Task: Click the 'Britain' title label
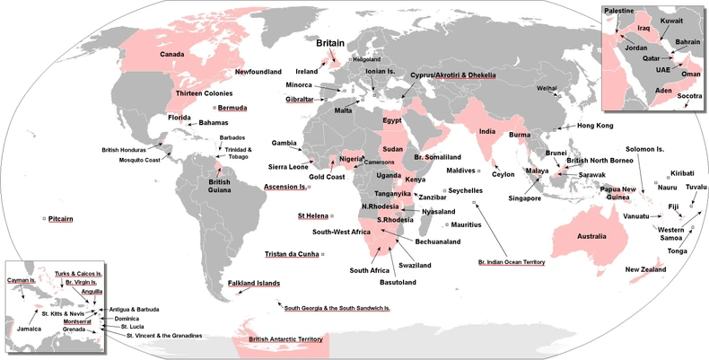[x=335, y=42]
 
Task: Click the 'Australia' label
[x=579, y=236]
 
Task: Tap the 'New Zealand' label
[x=645, y=269]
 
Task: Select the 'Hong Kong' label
[x=595, y=126]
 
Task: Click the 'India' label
[x=488, y=132]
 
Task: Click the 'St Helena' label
[x=312, y=216]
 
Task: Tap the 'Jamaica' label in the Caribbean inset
[x=29, y=329]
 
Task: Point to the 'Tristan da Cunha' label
[x=292, y=254]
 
